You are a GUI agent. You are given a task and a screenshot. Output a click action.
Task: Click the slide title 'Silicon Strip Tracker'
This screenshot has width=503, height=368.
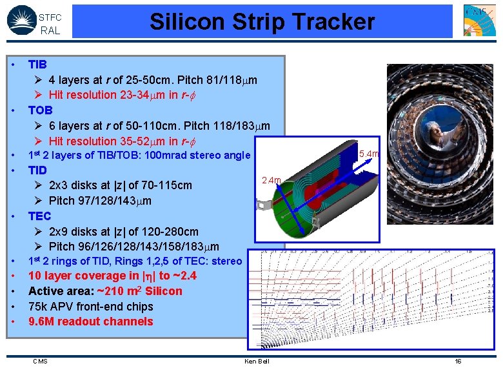click(x=262, y=22)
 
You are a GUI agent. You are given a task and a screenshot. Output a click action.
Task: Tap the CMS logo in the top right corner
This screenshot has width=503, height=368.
click(x=480, y=20)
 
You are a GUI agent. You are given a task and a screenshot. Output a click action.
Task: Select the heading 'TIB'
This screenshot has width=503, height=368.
click(x=37, y=65)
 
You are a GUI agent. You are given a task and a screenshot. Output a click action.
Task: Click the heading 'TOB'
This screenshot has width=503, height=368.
click(x=40, y=110)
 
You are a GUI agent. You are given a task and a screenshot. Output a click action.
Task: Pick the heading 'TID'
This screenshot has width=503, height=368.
click(x=37, y=170)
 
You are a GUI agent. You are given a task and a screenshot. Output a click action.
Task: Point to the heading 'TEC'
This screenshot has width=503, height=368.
click(x=39, y=216)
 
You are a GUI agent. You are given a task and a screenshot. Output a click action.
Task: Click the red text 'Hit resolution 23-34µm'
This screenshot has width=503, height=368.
click(x=110, y=95)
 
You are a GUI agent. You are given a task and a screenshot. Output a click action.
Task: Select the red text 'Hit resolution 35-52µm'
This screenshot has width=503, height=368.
click(x=110, y=141)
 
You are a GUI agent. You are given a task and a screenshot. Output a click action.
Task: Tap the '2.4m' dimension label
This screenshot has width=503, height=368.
click(x=271, y=180)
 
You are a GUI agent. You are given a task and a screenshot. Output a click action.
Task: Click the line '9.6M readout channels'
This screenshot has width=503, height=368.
click(x=90, y=322)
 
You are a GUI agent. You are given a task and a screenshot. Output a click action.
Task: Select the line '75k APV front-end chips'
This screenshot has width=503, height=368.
click(x=90, y=307)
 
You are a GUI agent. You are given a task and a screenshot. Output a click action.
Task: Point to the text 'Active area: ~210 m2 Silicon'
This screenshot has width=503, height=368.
click(x=105, y=291)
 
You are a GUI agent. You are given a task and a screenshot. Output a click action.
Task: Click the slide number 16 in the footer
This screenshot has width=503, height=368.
click(x=458, y=361)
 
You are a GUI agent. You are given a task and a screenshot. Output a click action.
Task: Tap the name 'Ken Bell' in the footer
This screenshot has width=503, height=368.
click(x=257, y=361)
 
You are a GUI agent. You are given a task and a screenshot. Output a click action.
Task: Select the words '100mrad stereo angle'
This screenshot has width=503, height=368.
click(x=199, y=156)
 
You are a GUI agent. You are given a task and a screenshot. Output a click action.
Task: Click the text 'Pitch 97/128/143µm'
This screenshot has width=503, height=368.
click(x=100, y=201)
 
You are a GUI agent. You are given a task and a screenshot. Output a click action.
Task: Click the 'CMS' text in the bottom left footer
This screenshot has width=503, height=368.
click(x=40, y=361)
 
